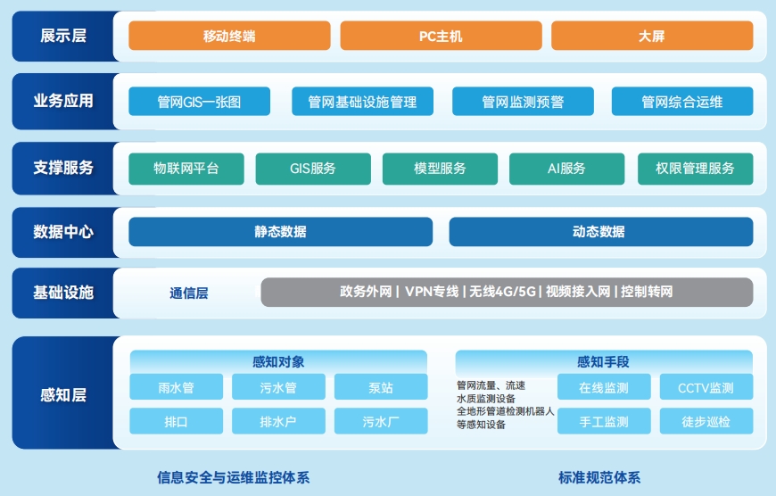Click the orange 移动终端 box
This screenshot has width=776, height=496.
click(x=229, y=36)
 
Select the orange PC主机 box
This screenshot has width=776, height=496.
click(x=441, y=36)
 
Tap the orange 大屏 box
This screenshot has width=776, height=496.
click(x=652, y=36)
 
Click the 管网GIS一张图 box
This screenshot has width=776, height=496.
click(x=200, y=102)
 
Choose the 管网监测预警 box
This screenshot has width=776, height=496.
click(x=523, y=102)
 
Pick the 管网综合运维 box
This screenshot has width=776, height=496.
click(x=682, y=102)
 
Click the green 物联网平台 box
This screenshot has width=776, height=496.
click(x=186, y=169)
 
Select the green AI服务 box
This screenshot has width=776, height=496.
click(x=566, y=169)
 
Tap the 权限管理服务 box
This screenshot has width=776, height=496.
click(x=696, y=169)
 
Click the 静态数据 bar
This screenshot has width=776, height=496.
click(x=281, y=232)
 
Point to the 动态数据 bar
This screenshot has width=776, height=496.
click(x=601, y=232)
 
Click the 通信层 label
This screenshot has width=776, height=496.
click(x=188, y=293)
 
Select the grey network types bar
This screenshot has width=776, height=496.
click(x=507, y=292)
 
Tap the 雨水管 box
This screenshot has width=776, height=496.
click(x=177, y=387)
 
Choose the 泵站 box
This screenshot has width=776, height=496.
click(x=381, y=387)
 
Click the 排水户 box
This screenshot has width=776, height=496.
click(x=278, y=421)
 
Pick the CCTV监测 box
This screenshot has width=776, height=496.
click(x=706, y=387)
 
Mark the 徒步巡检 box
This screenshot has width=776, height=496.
click(x=706, y=421)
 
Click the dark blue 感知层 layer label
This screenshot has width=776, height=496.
click(x=63, y=394)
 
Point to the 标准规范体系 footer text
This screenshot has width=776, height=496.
click(x=599, y=477)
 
